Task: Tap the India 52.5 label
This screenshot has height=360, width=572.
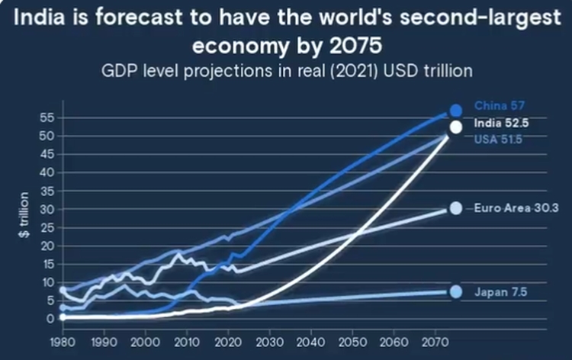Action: (500, 123)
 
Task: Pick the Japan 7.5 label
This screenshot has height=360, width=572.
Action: (500, 292)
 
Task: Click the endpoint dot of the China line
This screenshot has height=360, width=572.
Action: (455, 111)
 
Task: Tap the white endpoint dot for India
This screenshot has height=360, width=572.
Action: (455, 127)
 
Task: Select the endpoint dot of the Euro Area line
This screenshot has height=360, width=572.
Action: (455, 208)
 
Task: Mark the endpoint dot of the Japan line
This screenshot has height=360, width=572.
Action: (455, 292)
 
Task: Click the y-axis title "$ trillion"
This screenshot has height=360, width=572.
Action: (24, 217)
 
